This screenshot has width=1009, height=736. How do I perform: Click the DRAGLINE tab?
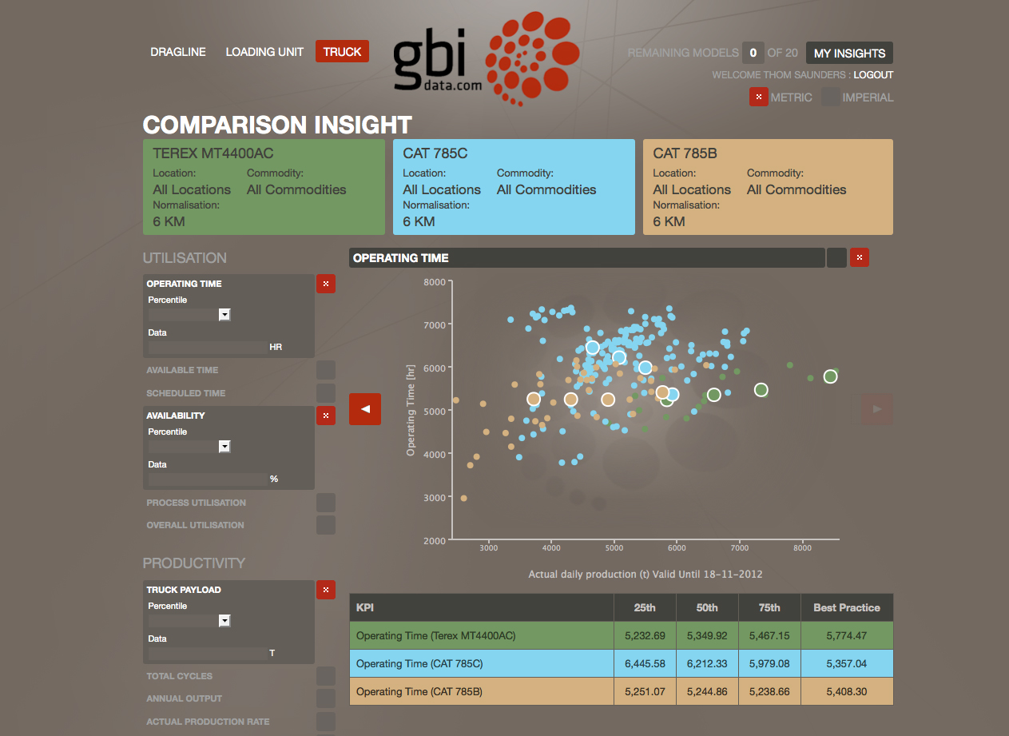pos(178,52)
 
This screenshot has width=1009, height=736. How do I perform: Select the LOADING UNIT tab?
pos(264,52)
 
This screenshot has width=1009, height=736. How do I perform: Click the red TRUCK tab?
pos(342,52)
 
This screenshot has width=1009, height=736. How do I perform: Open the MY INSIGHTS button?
pos(849,54)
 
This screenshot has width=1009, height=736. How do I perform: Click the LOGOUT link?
pos(873,75)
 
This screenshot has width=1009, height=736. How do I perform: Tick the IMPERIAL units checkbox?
pos(831,97)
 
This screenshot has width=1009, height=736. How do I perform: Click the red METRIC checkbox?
pos(758,97)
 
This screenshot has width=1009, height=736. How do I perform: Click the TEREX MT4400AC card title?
pos(213,153)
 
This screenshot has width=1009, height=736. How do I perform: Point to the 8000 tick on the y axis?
pos(435,281)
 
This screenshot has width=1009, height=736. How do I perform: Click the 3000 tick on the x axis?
pos(489,548)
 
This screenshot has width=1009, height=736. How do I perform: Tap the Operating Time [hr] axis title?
pos(411,410)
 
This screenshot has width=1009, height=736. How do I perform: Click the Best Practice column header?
pos(847,608)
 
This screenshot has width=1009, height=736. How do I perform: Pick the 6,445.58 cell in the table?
pos(644,664)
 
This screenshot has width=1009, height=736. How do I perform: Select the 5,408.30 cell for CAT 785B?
pos(847,691)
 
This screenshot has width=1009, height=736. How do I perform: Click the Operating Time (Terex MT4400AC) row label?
pos(436,636)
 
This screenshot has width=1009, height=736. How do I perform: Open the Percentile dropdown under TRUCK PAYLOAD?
pos(224,621)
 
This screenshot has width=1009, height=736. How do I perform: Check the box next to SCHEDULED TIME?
pos(326,393)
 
